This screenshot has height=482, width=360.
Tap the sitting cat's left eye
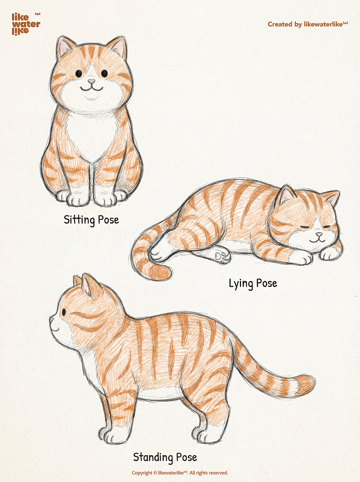tap(78, 73)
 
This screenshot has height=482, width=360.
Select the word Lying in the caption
tap(241, 283)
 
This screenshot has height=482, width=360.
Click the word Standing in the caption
tap(153, 458)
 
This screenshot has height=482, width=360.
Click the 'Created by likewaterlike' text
tap(308, 24)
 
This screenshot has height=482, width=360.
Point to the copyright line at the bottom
tap(180, 473)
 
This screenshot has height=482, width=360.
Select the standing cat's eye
tap(64, 312)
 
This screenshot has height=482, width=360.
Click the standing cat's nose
tap(51, 319)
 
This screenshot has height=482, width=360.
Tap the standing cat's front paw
tap(112, 436)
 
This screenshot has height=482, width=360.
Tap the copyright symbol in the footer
tap(155, 473)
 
